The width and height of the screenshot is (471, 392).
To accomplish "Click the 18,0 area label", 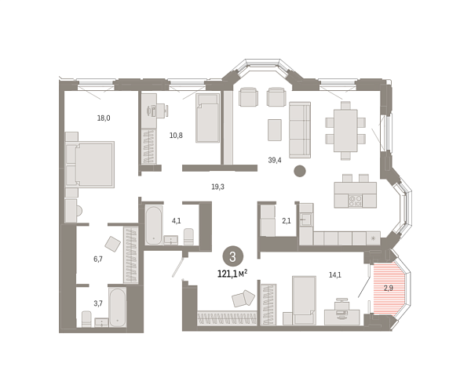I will click(103, 118).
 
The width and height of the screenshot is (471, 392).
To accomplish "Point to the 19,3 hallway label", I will click(217, 187).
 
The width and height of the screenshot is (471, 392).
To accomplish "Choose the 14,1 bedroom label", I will click(334, 274).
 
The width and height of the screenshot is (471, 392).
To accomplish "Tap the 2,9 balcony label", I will click(388, 289).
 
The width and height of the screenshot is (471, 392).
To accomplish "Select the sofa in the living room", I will click(300, 129).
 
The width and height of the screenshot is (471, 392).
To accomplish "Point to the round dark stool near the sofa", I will click(299, 172).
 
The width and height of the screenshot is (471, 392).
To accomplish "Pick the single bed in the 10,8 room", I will click(207, 118).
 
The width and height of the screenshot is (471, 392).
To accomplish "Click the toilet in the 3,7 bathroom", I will click(87, 318).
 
